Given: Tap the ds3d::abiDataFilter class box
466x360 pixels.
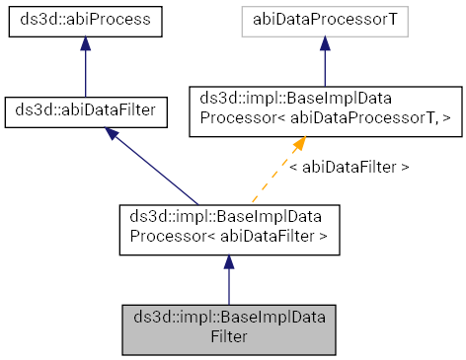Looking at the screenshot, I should pos(85,114).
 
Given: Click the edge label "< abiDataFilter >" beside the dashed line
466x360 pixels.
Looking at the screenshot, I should pos(349,168).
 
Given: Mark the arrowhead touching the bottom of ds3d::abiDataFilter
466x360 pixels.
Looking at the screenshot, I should pos(115,137).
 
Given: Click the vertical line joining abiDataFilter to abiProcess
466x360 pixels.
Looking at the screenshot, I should pos(85,74).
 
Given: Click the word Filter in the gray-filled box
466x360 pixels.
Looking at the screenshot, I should pos(228,337).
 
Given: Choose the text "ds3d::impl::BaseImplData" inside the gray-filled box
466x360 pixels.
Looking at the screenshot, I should pos(228,319).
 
